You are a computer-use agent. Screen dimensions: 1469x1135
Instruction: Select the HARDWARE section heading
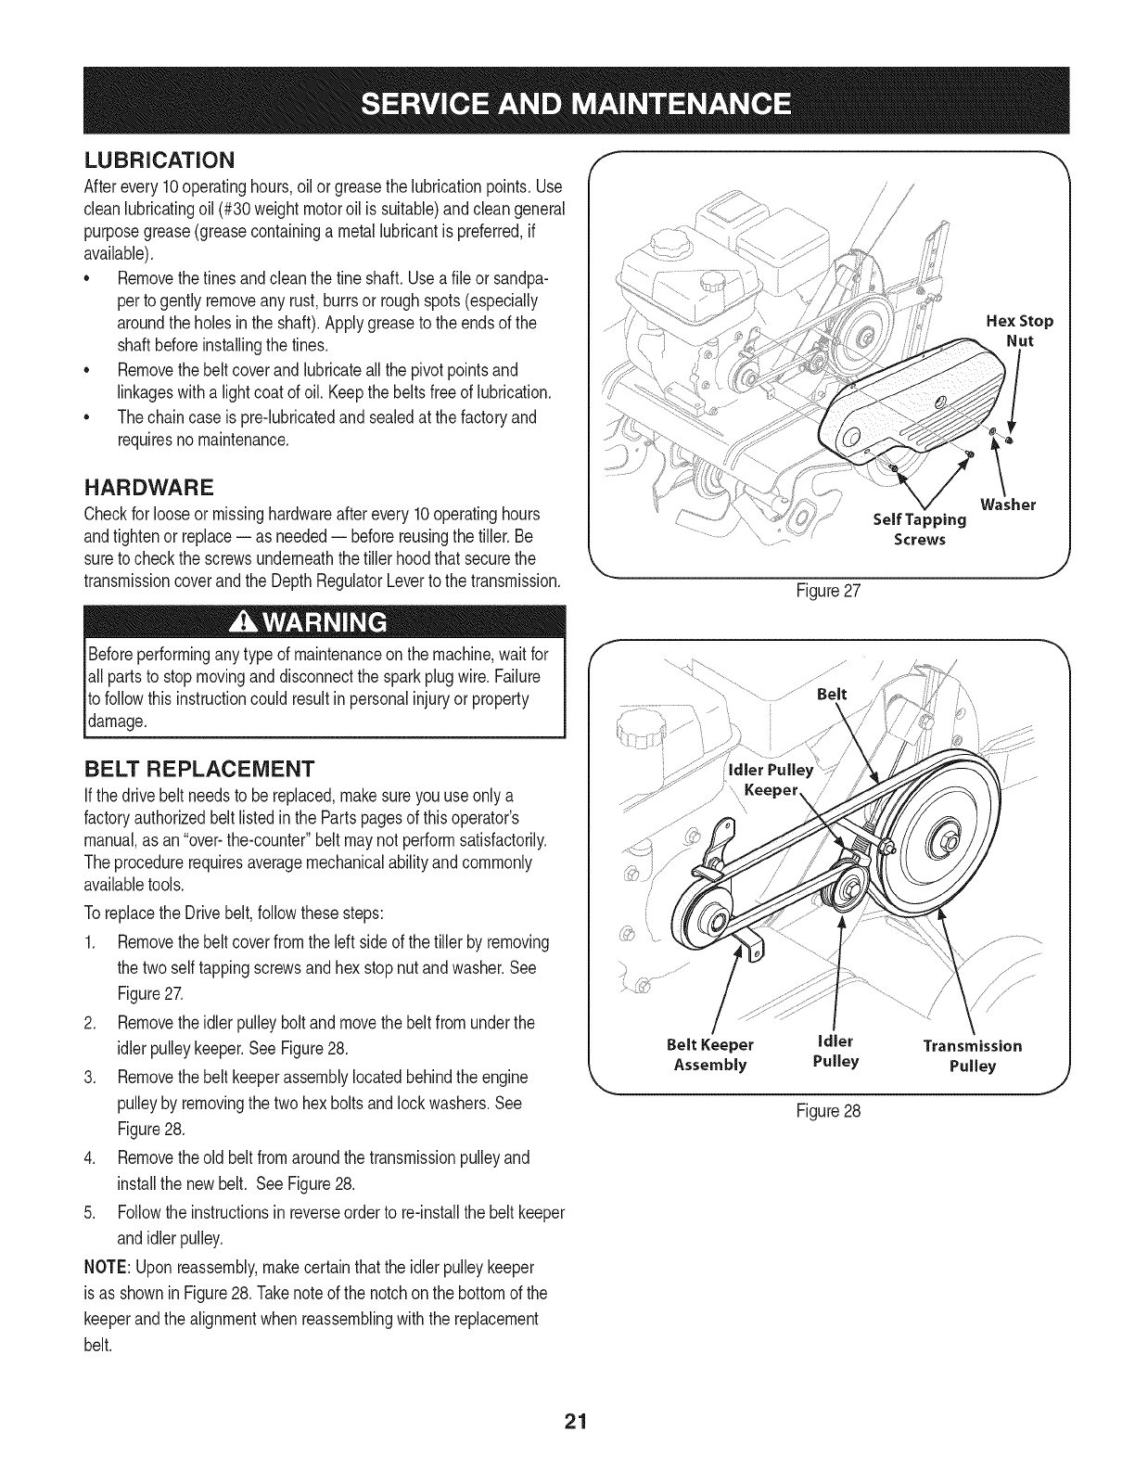148,487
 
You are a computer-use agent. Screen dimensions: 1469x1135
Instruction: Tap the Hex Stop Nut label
1020,330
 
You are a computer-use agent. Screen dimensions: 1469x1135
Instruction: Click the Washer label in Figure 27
1007,505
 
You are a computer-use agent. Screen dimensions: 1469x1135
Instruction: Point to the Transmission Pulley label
972,1055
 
